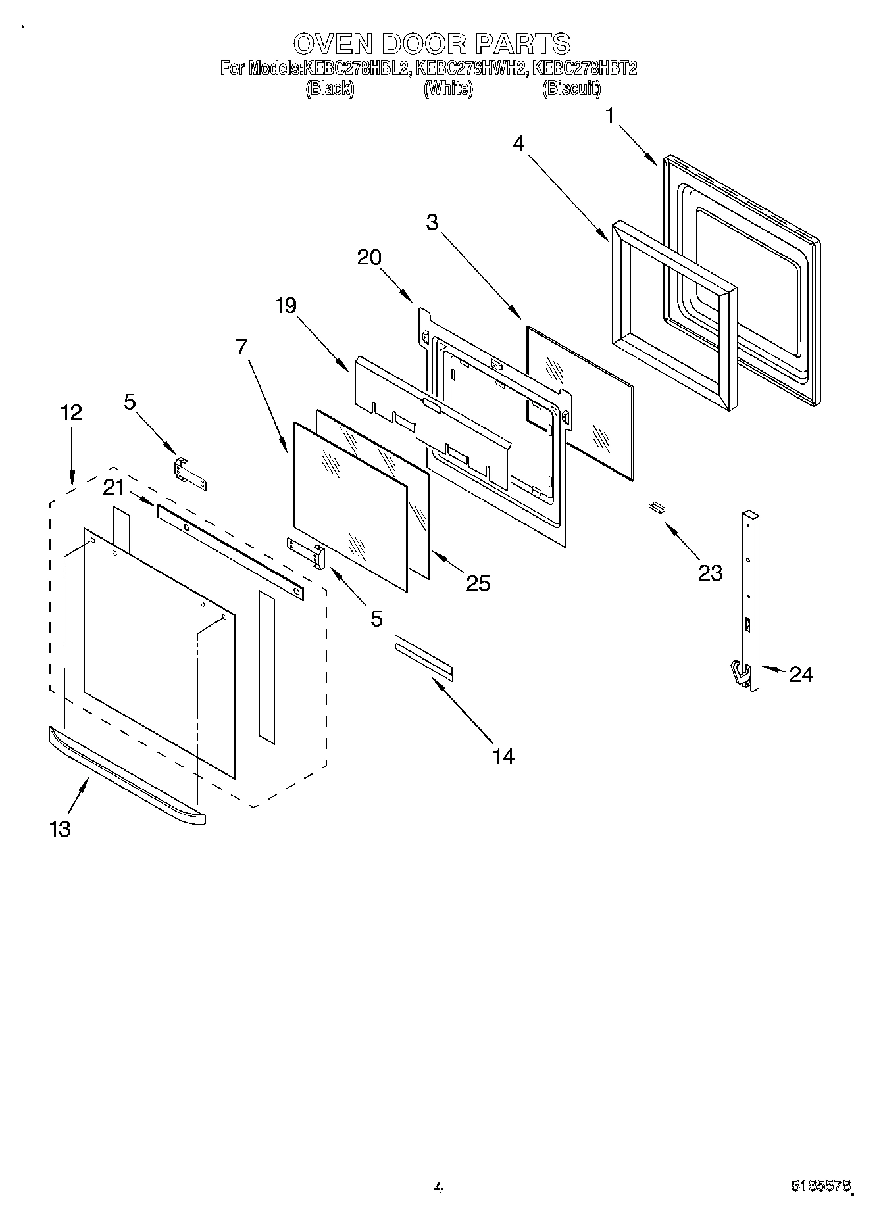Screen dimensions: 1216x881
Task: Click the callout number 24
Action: (801, 674)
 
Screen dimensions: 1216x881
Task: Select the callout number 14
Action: (503, 756)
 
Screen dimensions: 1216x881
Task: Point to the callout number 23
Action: (710, 573)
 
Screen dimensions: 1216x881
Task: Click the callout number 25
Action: (478, 583)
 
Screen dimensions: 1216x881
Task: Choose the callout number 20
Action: (369, 257)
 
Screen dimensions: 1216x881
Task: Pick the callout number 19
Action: (286, 305)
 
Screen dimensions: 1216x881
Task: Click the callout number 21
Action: (113, 487)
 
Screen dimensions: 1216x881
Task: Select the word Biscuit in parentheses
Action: (571, 89)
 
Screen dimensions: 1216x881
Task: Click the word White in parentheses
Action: (448, 89)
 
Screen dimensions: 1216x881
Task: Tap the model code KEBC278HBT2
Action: (585, 68)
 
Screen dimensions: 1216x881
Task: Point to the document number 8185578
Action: (820, 1186)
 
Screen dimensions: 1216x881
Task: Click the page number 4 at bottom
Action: (439, 1187)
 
